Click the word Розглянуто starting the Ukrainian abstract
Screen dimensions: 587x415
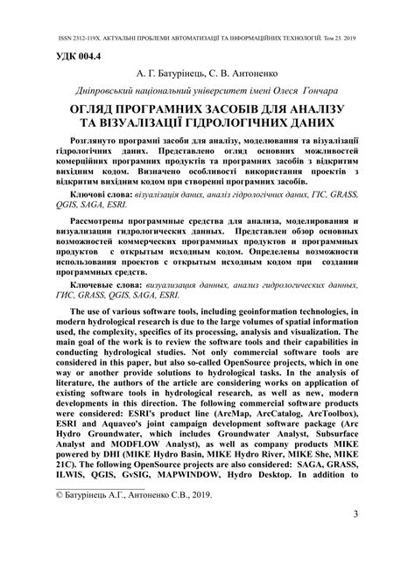[x=93, y=140]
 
